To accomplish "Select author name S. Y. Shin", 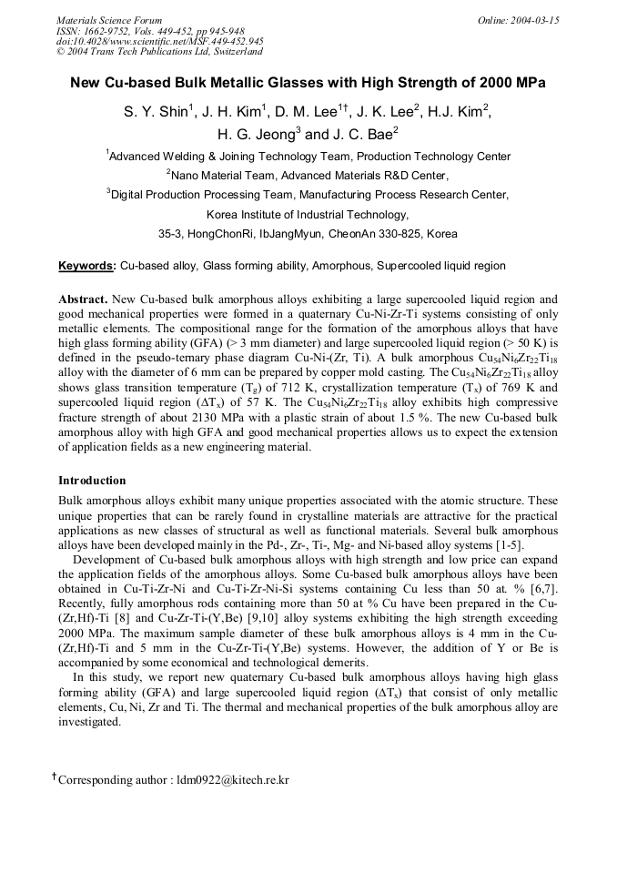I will pos(156,112).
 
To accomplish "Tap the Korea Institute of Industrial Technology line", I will pos(308,215).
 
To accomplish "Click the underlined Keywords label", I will pos(86,266).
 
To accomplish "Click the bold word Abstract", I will pos(83,299).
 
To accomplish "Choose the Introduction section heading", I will pos(92,480).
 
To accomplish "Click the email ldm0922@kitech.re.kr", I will pos(229,779).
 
